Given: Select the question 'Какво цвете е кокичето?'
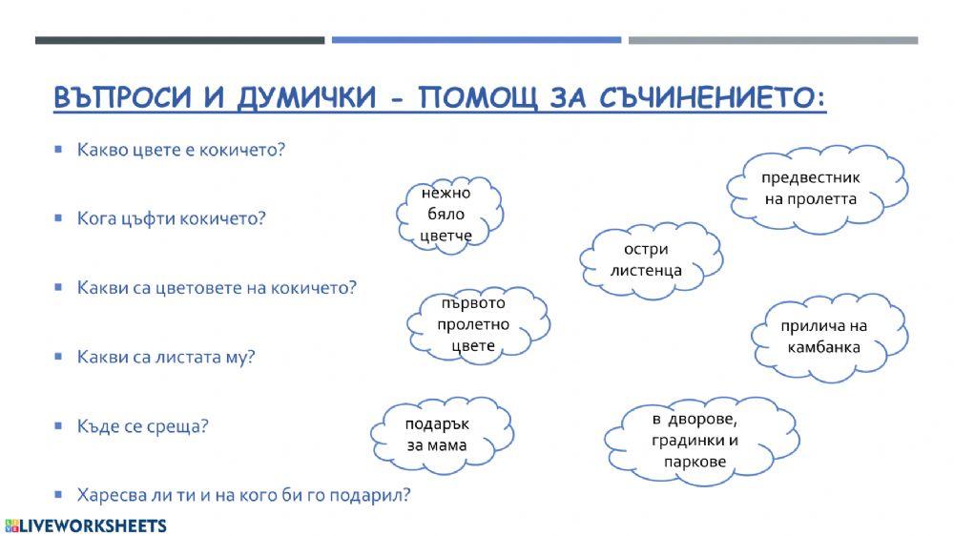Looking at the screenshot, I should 182,150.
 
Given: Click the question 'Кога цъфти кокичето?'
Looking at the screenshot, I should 172,218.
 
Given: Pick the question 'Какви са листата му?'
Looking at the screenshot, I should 166,358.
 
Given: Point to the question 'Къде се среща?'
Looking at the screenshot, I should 143,426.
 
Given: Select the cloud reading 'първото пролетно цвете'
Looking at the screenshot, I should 473,324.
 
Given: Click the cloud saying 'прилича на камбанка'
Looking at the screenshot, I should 825,336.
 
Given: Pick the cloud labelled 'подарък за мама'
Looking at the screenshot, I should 438,434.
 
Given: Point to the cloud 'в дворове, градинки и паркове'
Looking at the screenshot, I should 695,441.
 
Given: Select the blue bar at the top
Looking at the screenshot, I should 476,40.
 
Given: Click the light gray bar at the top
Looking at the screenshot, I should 773,40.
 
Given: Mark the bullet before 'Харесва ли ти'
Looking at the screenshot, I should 59,495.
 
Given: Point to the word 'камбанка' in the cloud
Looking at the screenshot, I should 825,347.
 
